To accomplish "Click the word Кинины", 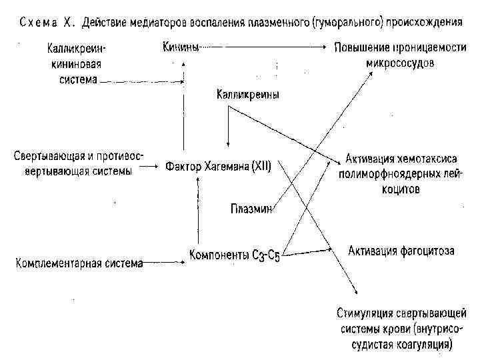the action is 181,48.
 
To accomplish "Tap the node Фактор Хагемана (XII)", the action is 217,167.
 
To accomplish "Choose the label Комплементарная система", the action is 79,263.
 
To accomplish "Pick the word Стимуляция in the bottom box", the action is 365,313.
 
